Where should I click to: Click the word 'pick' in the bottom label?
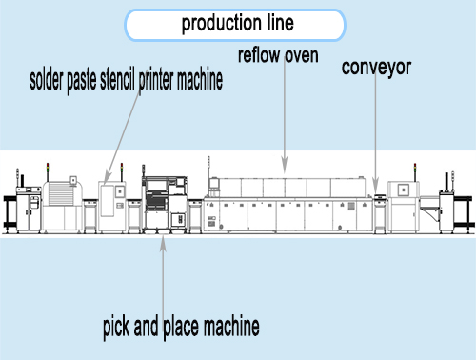point(117,330)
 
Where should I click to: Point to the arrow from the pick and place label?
point(164,276)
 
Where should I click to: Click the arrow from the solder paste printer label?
point(120,143)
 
